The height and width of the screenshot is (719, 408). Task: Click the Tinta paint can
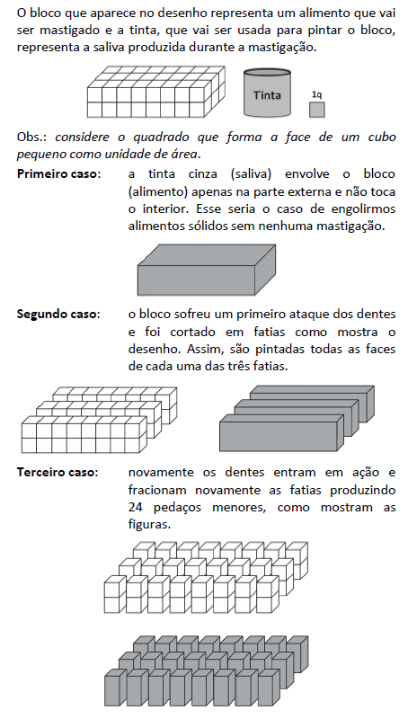269,93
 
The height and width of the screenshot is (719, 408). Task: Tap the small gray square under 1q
316,109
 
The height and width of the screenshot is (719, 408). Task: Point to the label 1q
315,93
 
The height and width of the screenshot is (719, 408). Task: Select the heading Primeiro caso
58,173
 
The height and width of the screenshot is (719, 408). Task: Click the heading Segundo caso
58,314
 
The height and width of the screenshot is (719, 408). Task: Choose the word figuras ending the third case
148,525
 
